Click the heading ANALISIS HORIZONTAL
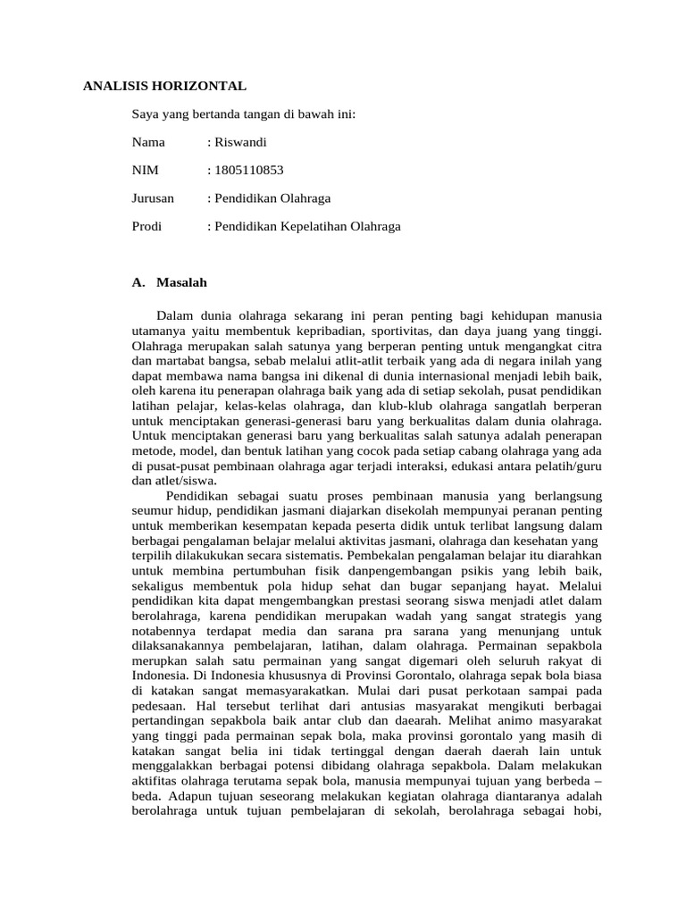point(164,86)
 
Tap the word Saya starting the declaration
point(146,114)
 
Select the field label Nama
point(148,142)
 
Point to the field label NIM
point(144,170)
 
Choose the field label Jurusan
point(153,198)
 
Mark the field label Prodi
point(146,226)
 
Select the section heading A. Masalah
point(169,282)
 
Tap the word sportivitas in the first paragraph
point(399,330)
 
